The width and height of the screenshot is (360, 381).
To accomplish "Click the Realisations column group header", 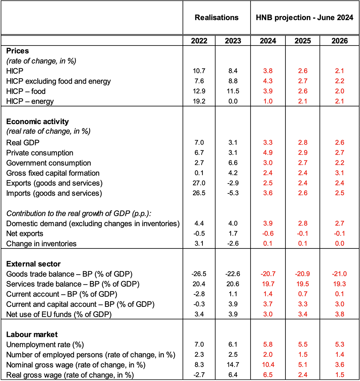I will pos(216,18).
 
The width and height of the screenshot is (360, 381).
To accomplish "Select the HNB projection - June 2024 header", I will pos(305,18).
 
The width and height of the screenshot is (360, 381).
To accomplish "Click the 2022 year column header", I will pos(199,41).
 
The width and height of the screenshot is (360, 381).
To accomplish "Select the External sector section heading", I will pos(33,264).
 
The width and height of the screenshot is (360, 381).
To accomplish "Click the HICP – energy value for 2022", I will pos(199,101).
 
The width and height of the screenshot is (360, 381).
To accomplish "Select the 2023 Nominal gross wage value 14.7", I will pos(233,365).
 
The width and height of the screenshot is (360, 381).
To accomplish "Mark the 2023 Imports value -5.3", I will pos(233,193).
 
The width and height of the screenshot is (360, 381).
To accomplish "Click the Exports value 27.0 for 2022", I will pos(199,183).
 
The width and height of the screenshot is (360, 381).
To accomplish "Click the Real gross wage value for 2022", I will pos(199,375).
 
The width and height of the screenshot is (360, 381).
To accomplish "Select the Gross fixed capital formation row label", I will pos(53,173).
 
